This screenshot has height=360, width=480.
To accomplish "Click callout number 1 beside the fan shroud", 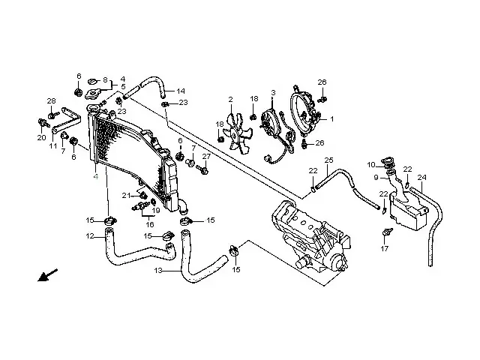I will point(332,118).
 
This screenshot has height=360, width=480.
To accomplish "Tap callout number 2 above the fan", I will point(231,99).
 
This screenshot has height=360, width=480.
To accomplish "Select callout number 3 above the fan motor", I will point(273,92).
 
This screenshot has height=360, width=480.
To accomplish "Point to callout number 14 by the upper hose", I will point(181,91).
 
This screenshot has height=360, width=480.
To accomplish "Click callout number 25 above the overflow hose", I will point(328,161).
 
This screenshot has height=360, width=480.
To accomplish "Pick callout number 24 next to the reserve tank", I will point(421,178).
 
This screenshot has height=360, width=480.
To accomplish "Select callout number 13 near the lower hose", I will point(157,271).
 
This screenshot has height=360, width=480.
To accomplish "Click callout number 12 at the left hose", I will point(89,237).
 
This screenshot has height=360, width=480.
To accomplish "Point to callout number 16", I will point(149,223).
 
